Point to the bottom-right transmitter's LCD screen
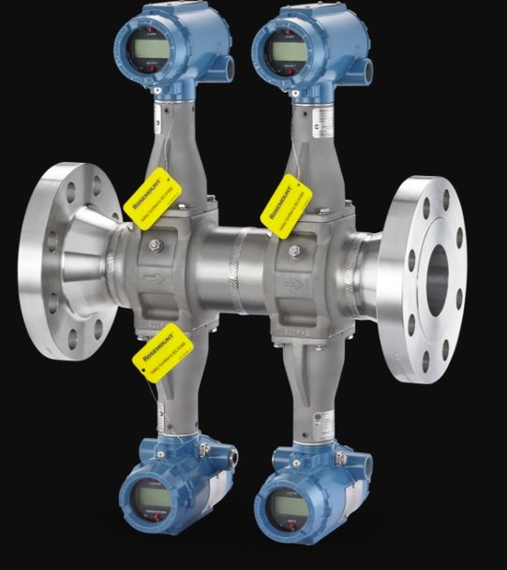[x=286, y=506]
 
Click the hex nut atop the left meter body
[x=154, y=246]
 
